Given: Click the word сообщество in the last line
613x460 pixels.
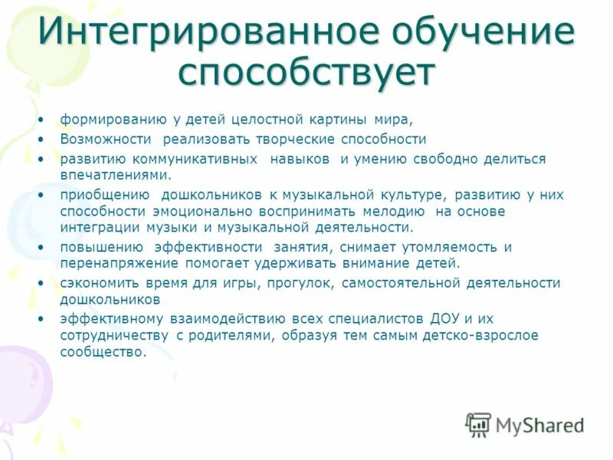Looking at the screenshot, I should (x=102, y=352).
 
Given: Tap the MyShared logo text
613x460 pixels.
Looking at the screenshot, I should (x=538, y=424).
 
